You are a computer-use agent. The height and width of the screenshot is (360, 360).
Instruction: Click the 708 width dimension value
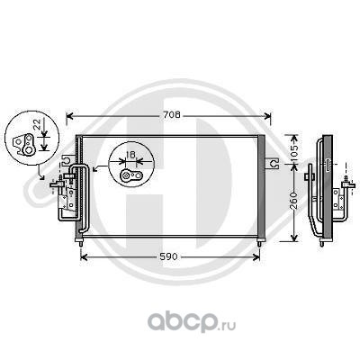point(172,114)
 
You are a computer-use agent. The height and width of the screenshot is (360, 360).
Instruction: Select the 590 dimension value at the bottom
point(169,256)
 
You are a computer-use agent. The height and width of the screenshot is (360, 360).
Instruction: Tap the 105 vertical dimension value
point(294,152)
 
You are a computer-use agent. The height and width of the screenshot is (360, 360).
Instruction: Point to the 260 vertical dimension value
point(294,200)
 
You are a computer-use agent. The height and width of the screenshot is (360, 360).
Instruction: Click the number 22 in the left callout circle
point(37,124)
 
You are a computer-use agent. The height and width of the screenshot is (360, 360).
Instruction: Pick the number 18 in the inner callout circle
point(130,155)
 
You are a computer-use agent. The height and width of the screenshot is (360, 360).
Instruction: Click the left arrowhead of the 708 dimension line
point(69,116)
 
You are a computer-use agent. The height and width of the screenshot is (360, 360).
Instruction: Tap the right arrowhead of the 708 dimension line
point(267,116)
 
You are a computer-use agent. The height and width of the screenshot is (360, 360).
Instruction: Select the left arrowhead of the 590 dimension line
point(84,257)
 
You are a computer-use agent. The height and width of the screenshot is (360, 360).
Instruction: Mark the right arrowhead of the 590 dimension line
point(256,257)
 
